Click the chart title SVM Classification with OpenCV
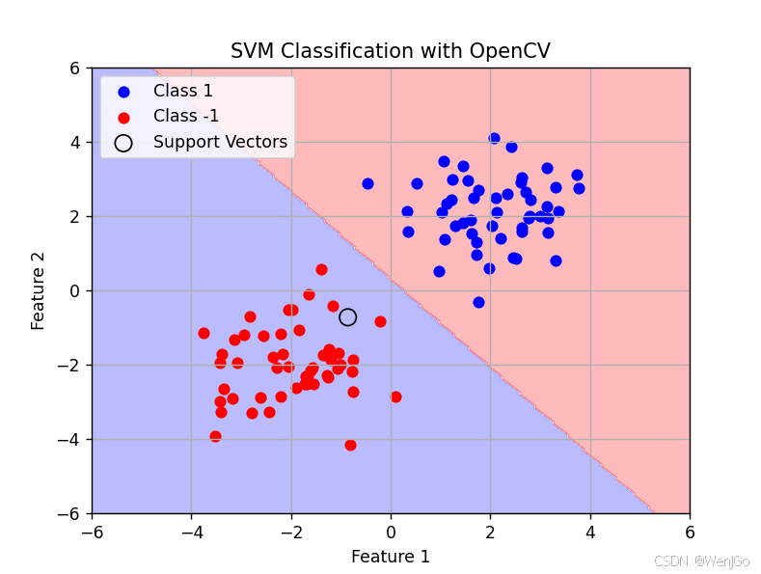tap(390, 51)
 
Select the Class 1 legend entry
tap(182, 92)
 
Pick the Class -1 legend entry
tap(186, 117)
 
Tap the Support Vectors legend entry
tap(220, 142)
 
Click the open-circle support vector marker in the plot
tap(347, 316)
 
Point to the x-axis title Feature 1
tap(390, 557)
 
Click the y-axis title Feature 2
tap(39, 290)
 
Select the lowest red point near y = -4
tap(350, 445)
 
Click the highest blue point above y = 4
tap(494, 139)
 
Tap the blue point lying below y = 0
tap(478, 302)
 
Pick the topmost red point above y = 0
tap(321, 269)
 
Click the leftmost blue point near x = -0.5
tap(367, 183)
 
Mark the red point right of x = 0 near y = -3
tap(395, 396)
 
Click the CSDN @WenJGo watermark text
tap(701, 561)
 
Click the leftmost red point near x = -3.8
tap(204, 333)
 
